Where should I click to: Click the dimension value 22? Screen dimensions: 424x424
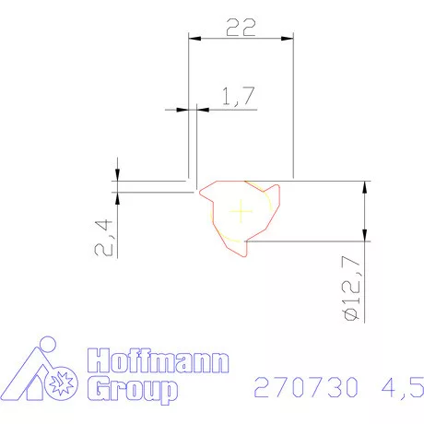(x=241, y=28)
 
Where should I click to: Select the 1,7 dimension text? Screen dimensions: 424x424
(x=238, y=96)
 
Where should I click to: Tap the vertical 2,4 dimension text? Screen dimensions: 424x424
(x=103, y=237)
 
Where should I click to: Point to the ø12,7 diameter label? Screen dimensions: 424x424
(x=350, y=289)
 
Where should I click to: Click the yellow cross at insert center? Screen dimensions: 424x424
(x=241, y=211)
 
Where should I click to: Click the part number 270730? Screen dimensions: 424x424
(x=306, y=387)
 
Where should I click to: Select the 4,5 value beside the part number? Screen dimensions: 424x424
(x=403, y=388)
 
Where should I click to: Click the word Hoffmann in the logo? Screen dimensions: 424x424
(x=158, y=360)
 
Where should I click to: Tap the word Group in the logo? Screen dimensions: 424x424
(x=133, y=389)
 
